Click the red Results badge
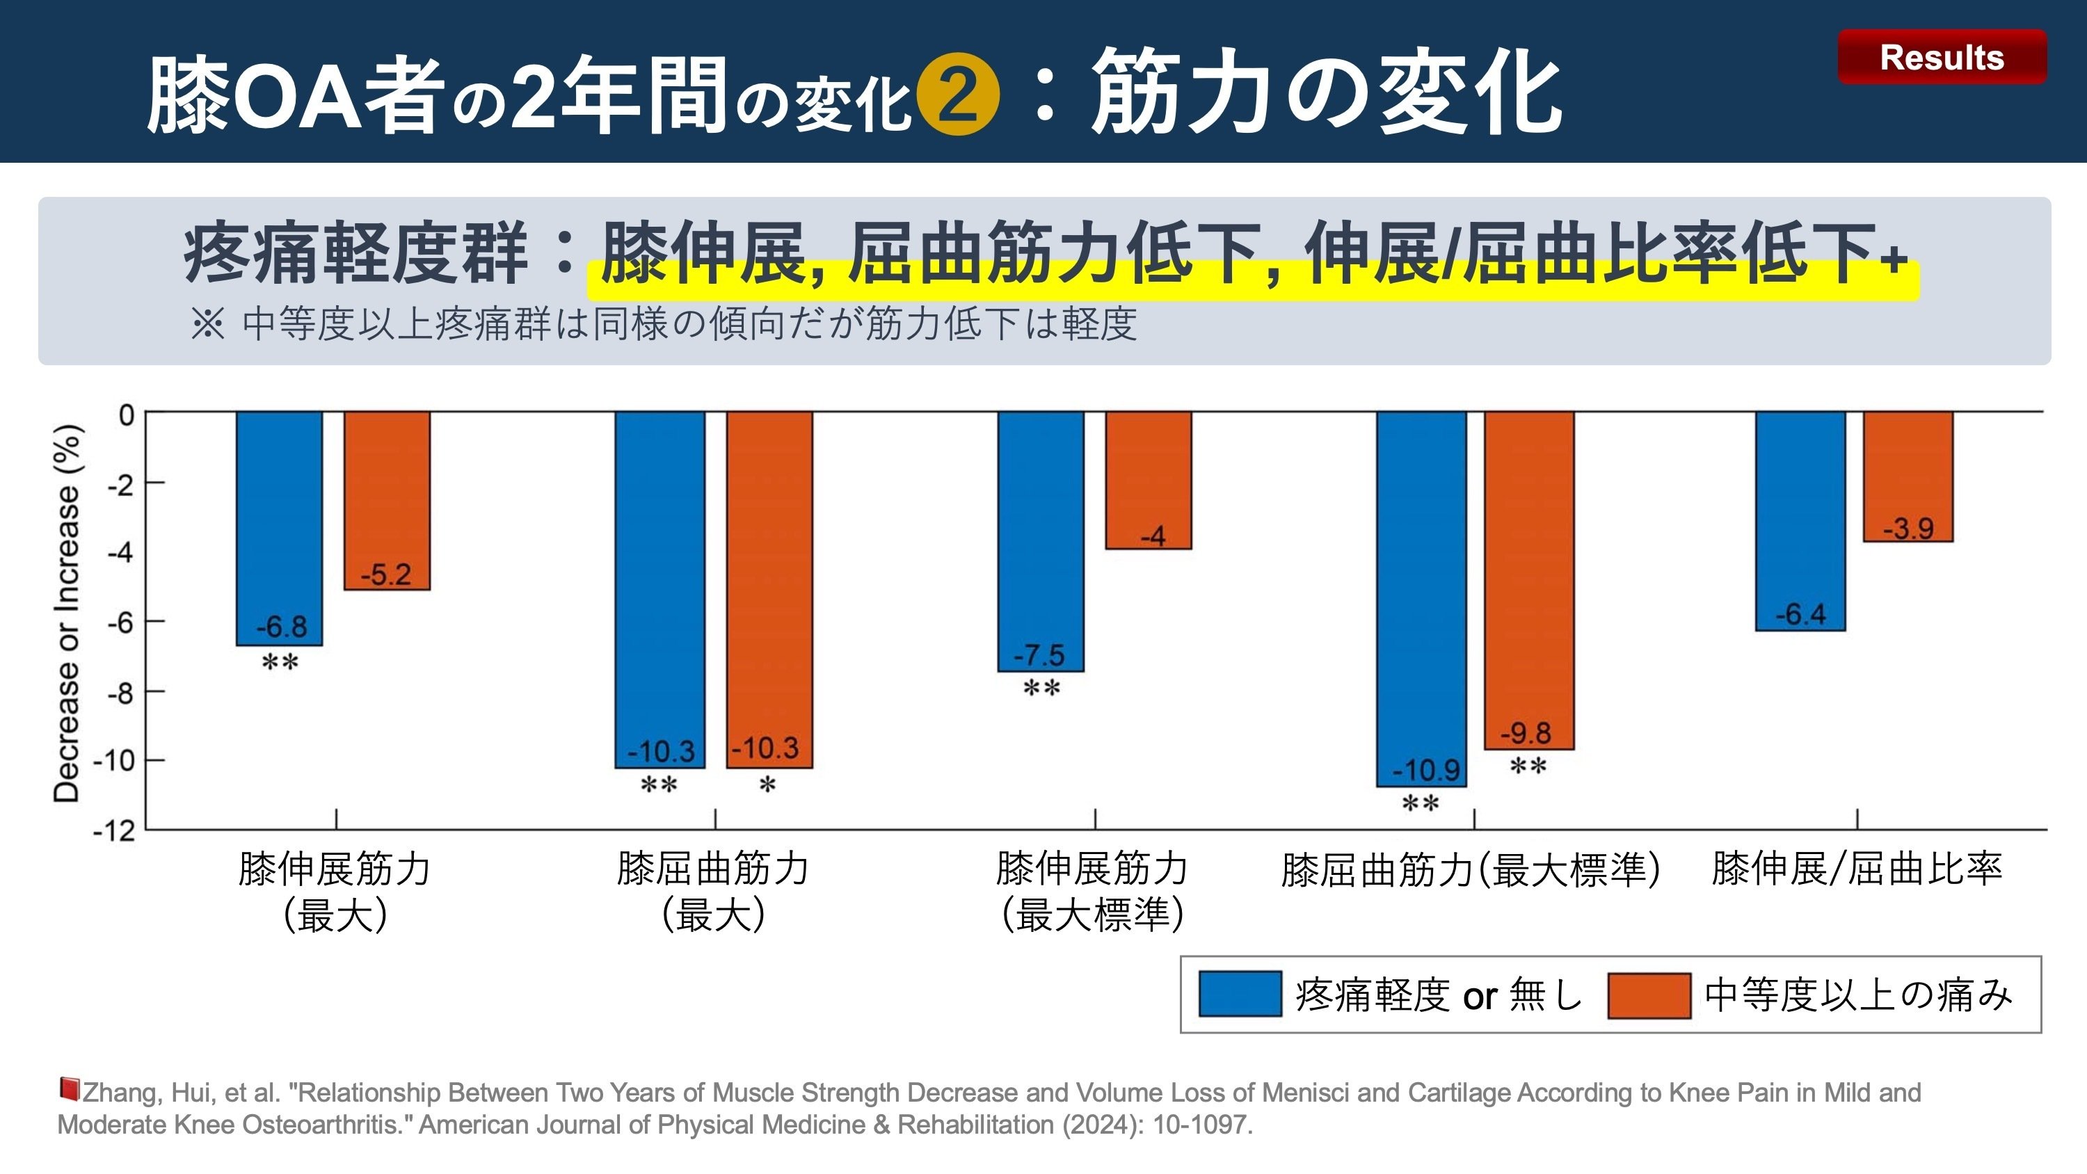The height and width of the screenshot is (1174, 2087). (x=1941, y=57)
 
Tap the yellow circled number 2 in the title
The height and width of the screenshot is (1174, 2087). (x=958, y=94)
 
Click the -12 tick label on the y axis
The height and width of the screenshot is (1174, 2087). (x=114, y=831)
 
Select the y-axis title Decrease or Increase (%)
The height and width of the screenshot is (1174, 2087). (x=67, y=613)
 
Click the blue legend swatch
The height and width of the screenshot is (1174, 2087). (x=1240, y=994)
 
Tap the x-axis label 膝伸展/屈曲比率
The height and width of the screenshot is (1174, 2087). (x=1856, y=869)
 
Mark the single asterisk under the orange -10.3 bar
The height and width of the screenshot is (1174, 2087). (x=767, y=785)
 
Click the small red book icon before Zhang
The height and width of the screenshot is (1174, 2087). (x=69, y=1089)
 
